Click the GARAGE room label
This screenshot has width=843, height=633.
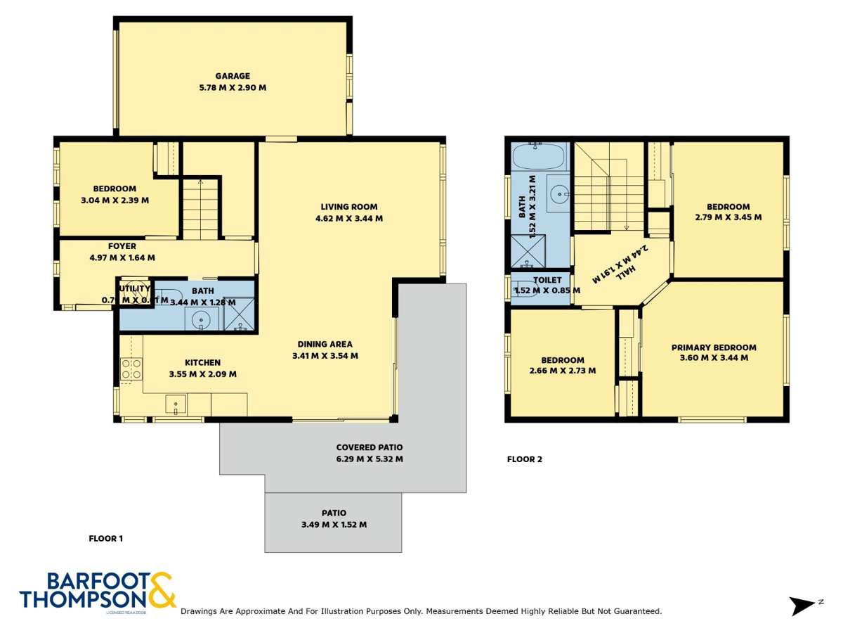[x=233, y=76]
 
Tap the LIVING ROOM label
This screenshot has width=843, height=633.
[x=348, y=207]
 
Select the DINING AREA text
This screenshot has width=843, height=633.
[x=325, y=344]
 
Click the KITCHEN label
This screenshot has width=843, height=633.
[x=202, y=362]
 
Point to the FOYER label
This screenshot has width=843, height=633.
[x=122, y=246]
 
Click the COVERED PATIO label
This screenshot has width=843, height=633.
[x=370, y=447]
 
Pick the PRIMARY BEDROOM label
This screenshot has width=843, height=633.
[x=714, y=347]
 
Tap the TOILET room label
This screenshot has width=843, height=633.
[x=547, y=280]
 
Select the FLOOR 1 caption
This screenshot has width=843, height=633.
[x=106, y=539]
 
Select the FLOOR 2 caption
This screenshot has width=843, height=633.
[x=525, y=459]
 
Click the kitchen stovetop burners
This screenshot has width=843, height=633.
[x=131, y=369]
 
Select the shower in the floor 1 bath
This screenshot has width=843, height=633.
[x=239, y=314]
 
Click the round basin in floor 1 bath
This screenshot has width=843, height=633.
[x=202, y=320]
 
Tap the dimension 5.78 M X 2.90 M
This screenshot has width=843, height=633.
[x=233, y=88]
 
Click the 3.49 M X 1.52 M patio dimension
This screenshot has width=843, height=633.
[x=333, y=525]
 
